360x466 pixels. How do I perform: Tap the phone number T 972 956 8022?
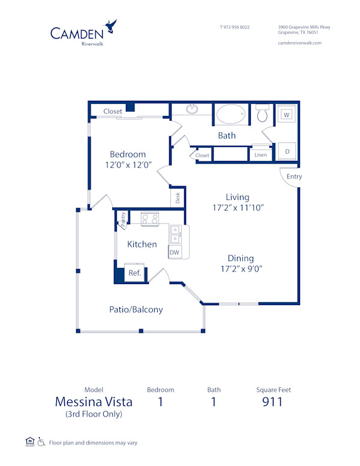tap(235, 27)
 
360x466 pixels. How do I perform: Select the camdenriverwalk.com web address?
tap(300, 43)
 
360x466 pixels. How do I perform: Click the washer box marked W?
tap(287, 115)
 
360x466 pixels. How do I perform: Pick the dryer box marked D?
tap(287, 151)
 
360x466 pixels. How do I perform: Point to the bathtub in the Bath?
tap(230, 114)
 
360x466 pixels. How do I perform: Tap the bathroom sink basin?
tap(192, 109)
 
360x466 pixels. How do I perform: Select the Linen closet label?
tap(260, 155)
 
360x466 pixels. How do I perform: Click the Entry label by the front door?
tap(294, 177)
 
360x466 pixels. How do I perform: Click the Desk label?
tap(178, 197)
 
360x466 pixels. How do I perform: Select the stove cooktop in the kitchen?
tap(149, 219)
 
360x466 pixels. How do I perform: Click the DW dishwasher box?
tap(175, 253)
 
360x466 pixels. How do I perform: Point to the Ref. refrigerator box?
tap(134, 273)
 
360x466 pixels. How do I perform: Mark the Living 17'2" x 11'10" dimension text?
tap(238, 207)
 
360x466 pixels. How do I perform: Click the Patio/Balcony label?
tap(136, 310)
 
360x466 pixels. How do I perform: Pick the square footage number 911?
tap(273, 402)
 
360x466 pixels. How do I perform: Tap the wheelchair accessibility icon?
tap(41, 442)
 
